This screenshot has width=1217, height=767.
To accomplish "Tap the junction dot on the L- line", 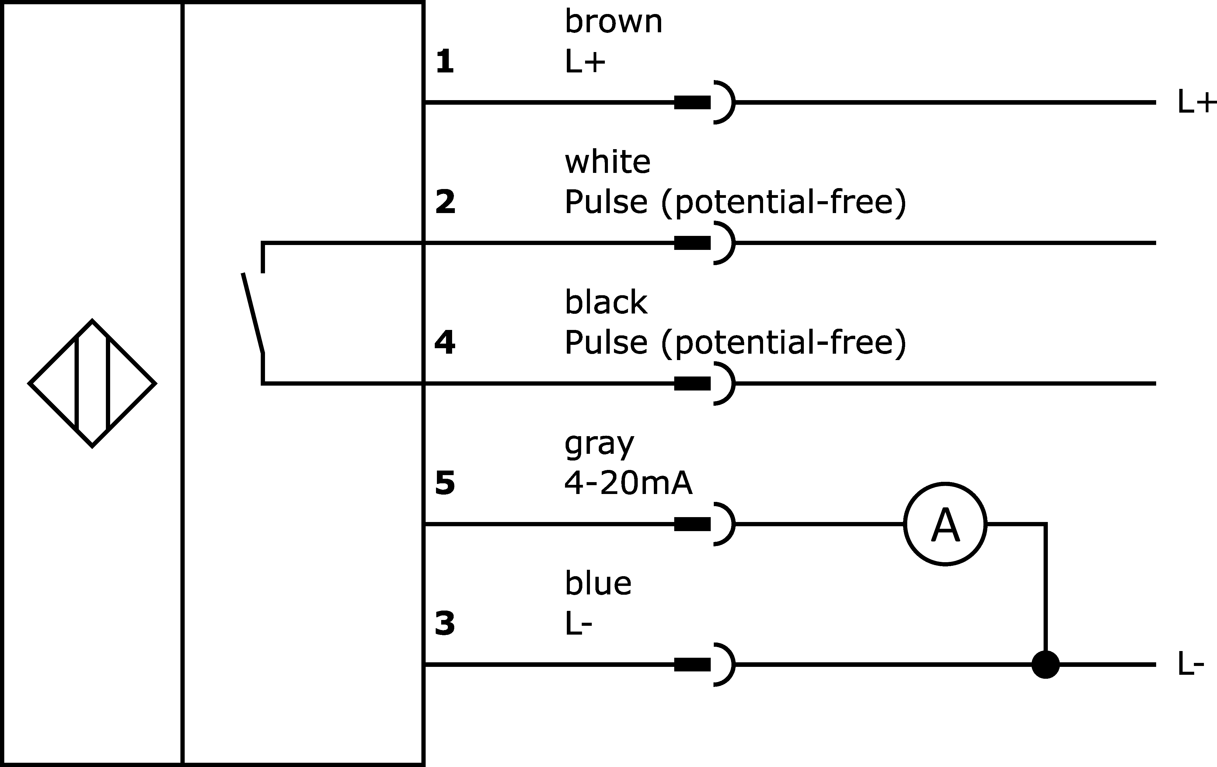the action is (x=1045, y=664).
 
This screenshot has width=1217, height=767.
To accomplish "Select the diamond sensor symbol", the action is (x=92, y=383).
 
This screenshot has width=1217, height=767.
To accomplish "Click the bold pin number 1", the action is (x=445, y=62).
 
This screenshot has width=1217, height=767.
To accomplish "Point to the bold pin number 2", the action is (x=445, y=202).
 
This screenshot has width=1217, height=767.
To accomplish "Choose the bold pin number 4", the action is (x=445, y=343).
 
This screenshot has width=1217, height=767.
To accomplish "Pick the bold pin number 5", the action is (x=445, y=483).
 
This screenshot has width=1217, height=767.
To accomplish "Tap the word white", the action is (x=608, y=162).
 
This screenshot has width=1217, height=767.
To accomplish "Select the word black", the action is (x=606, y=302).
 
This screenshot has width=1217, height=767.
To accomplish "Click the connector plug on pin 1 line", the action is (x=704, y=102).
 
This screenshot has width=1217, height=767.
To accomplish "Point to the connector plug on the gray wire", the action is (x=704, y=524).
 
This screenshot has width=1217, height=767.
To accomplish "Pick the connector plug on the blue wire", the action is (x=704, y=664).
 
